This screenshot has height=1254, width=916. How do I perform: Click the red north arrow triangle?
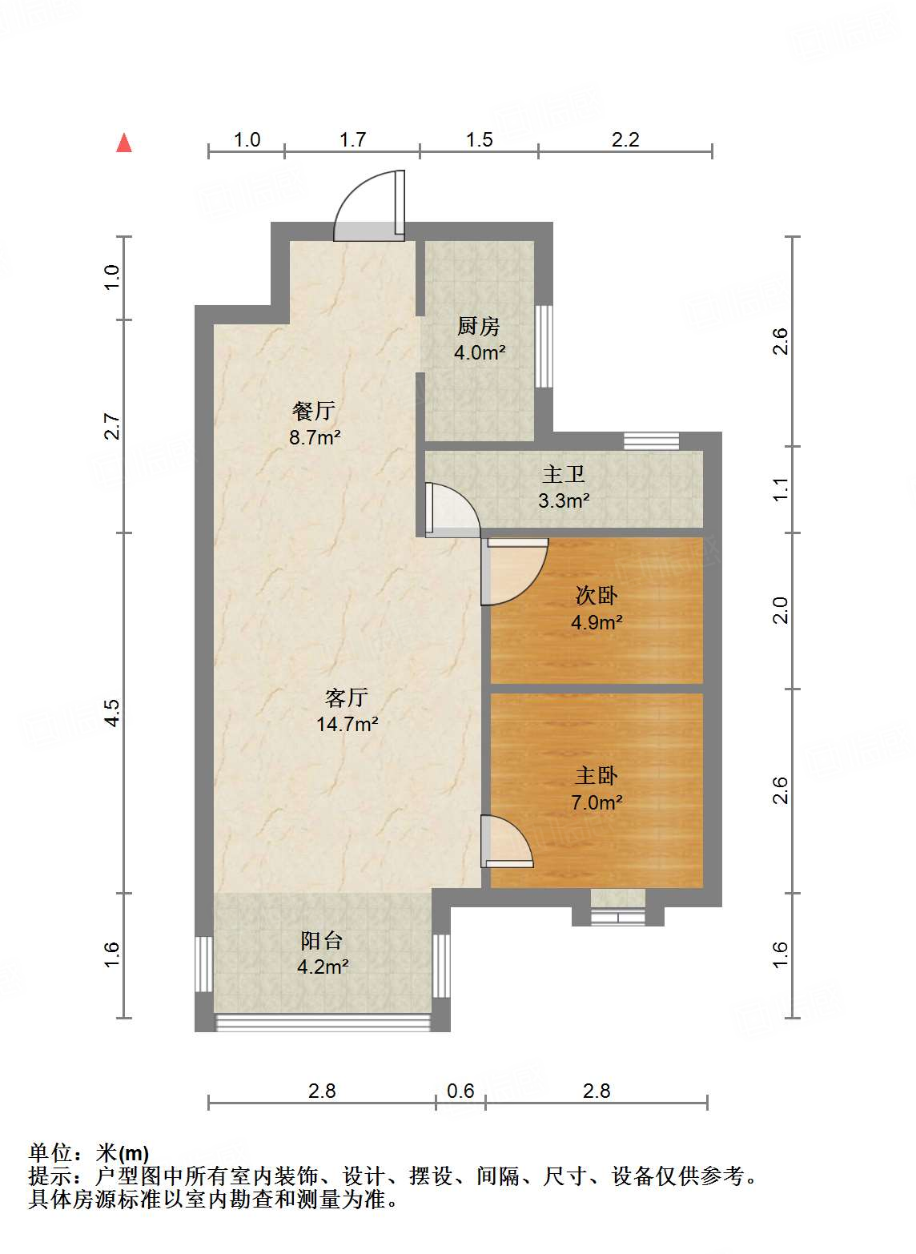tap(124, 143)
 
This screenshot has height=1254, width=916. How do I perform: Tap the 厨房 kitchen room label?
tap(478, 327)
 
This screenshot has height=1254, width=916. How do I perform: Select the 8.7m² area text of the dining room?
tap(315, 437)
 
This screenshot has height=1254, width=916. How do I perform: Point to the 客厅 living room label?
tap(347, 697)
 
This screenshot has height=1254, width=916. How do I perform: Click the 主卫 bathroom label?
tap(563, 475)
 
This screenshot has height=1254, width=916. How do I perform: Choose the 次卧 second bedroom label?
tap(597, 596)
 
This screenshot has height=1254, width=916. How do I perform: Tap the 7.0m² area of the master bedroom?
tap(597, 803)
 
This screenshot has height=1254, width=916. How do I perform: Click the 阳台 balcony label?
tap(321, 940)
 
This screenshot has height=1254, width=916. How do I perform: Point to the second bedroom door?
tap(514, 572)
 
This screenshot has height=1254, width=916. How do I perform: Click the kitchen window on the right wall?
tap(543, 347)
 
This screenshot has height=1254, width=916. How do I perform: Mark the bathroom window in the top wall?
tap(651, 441)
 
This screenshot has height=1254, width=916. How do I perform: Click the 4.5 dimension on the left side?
tap(112, 713)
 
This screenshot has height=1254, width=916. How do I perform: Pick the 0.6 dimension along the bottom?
tap(460, 1091)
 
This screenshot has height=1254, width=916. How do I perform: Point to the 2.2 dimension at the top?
tap(625, 139)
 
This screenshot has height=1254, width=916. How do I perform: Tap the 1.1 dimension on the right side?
tap(781, 489)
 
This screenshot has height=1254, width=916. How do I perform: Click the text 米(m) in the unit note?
tap(122, 1153)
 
